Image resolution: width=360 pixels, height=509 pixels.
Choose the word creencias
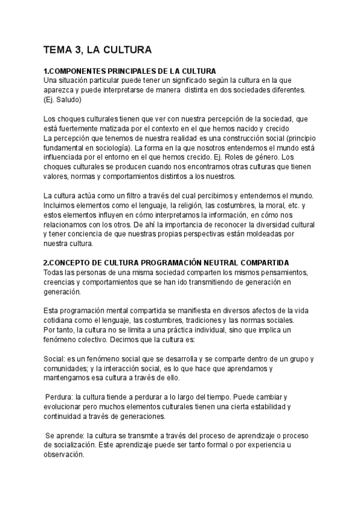[60, 282]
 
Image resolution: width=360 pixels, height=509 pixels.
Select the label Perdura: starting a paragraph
[62, 397]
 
